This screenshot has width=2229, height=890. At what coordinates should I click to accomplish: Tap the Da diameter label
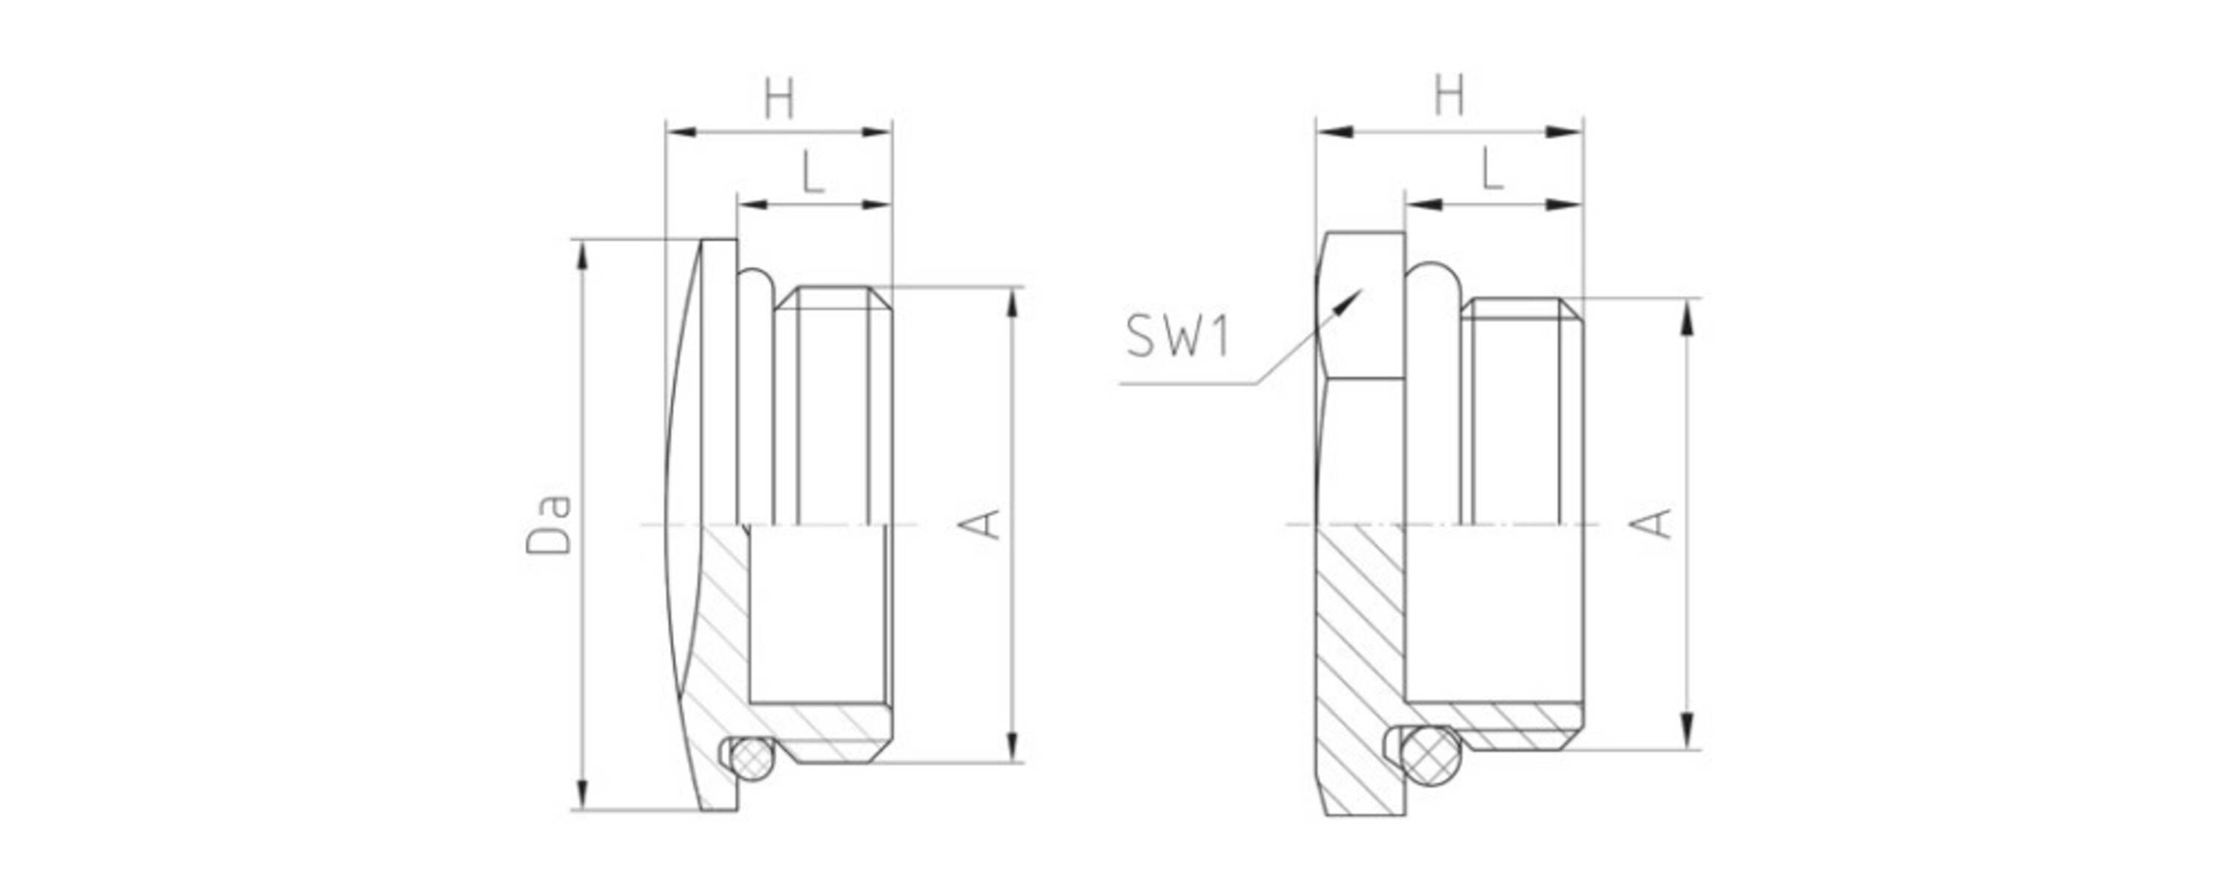[x=549, y=523]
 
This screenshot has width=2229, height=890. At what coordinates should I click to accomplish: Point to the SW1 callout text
[x=1178, y=336]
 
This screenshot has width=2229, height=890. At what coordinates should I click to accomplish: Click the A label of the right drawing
[x=1650, y=524]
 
